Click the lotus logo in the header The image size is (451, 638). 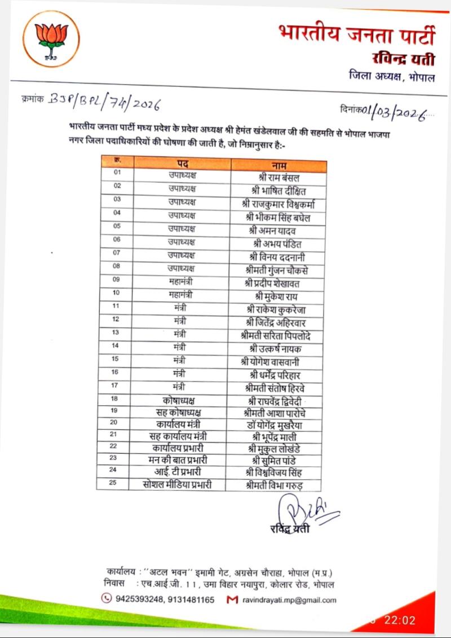(51, 39)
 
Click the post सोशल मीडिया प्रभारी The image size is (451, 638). (178, 484)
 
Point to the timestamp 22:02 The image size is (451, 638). (400, 620)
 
